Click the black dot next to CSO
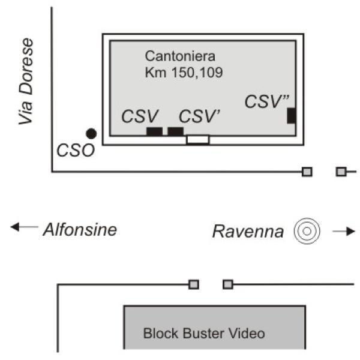91,133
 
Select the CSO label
76,149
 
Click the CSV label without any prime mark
139,116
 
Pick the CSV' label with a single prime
201,116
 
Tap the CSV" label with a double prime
263,101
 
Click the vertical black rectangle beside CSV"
291,115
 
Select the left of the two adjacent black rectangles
154,131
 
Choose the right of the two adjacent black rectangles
175,131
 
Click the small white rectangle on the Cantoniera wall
197,139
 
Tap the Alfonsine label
79,229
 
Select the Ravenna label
248,231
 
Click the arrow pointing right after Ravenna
344,231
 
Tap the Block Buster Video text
203,333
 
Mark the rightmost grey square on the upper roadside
341,172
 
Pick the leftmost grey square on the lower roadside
194,284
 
